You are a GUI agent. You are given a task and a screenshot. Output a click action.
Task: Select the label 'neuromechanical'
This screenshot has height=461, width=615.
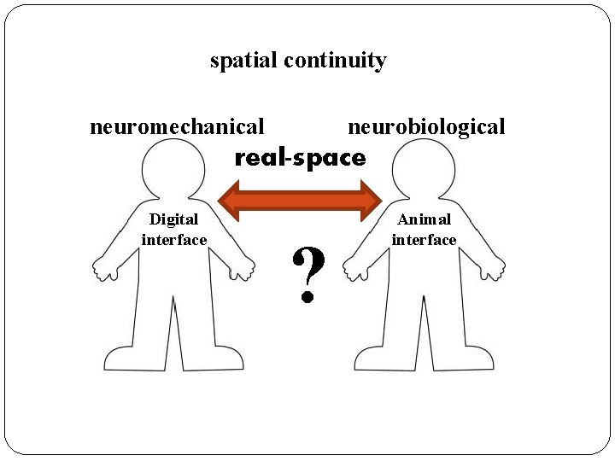[177, 127]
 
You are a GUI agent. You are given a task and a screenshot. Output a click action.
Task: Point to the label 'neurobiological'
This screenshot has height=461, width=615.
[426, 127]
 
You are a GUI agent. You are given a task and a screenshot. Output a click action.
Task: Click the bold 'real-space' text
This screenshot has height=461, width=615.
[300, 158]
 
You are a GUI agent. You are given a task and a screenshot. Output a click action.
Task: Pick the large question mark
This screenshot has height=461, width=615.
[308, 275]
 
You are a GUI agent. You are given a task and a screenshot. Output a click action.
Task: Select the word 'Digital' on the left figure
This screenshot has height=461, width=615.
[173, 219]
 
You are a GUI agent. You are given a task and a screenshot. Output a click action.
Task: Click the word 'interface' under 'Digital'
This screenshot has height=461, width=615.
[174, 240]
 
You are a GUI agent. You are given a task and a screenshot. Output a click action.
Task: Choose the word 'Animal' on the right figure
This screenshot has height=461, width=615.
[424, 219]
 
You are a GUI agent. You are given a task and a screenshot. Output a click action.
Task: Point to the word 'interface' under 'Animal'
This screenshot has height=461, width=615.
[424, 240]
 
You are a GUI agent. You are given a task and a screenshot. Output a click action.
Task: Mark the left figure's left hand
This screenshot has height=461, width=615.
[103, 270]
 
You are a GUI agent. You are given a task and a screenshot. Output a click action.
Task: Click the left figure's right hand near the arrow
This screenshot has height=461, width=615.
[244, 270]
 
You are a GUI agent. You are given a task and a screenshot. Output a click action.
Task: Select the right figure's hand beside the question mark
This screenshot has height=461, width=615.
[353, 270]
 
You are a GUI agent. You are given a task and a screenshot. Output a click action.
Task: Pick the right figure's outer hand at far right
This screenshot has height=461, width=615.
[494, 270]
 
